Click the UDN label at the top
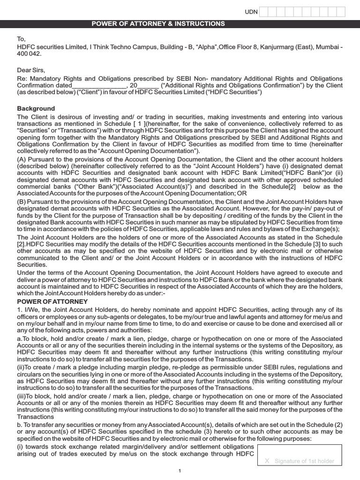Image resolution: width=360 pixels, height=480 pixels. [x=251, y=12]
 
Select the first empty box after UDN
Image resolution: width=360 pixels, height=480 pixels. [x=264, y=12]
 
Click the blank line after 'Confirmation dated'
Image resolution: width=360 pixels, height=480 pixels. [x=99, y=86]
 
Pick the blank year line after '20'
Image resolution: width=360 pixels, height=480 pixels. [x=148, y=86]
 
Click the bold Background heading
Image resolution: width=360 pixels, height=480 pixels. [x=36, y=109]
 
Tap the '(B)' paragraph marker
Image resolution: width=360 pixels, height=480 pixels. [x=22, y=202]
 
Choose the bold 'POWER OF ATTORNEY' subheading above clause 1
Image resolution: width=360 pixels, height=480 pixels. [x=52, y=302]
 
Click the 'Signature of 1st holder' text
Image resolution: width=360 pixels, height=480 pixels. [x=304, y=461]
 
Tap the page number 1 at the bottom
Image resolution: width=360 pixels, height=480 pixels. [x=180, y=471]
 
